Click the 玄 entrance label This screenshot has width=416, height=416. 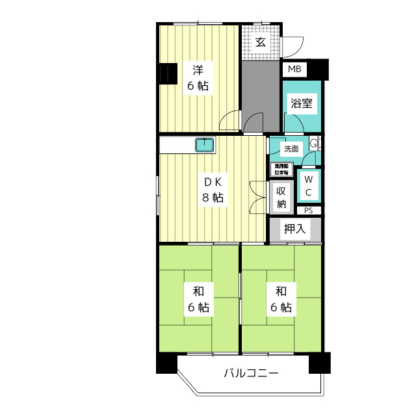click(261, 43)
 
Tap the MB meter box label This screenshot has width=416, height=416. click(294, 69)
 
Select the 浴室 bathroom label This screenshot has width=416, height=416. click(302, 103)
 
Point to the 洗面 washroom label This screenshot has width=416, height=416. click(291, 149)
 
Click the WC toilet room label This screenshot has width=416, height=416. click(308, 185)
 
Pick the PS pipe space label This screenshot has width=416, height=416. click(308, 210)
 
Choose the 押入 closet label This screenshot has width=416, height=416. click(294, 229)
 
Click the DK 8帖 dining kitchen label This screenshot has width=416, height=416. click(213, 190)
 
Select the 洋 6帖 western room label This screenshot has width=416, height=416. click(199, 77)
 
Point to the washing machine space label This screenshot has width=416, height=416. click(281, 170)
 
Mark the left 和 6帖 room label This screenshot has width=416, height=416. click(199, 299)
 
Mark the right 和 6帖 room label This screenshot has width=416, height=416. click(281, 299)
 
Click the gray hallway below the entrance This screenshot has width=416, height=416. click(260, 91)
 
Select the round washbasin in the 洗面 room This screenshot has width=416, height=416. click(313, 144)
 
